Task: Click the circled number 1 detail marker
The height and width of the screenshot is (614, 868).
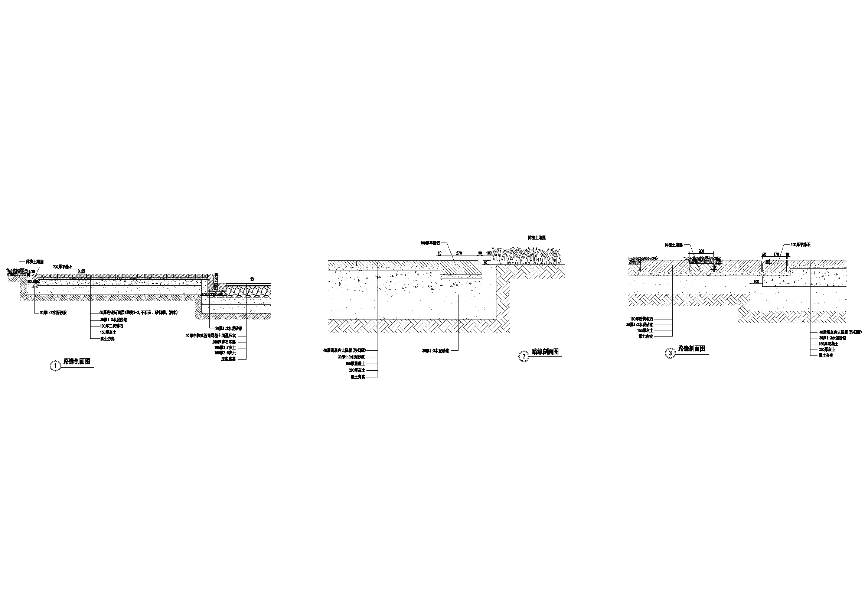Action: point(56,366)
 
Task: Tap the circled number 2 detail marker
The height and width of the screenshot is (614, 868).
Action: point(523,356)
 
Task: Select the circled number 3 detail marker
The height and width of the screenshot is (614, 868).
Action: point(670,353)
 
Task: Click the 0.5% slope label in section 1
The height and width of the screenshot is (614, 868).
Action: point(81,271)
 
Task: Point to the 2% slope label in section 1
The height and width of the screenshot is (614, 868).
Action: point(251,279)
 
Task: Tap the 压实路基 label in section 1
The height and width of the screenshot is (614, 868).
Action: point(228,359)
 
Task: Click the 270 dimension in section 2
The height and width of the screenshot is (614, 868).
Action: point(459,253)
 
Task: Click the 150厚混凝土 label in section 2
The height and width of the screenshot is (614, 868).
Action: point(355,363)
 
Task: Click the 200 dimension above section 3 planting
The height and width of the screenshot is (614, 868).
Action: point(701,251)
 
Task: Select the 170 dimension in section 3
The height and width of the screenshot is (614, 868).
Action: point(776,254)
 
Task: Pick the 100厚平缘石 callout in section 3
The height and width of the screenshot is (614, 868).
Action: point(801,245)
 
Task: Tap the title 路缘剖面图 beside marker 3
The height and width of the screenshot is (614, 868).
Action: point(692,349)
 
